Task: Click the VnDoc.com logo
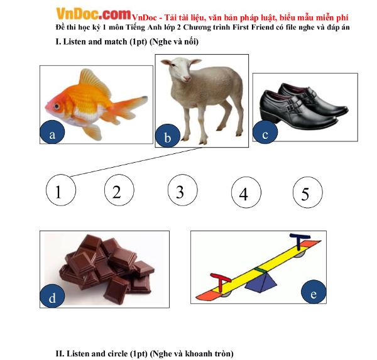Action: (93, 14)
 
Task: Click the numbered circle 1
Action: (61, 190)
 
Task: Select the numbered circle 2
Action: (119, 190)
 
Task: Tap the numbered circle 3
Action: (183, 190)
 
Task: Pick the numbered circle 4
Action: (246, 192)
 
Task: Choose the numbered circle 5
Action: (308, 192)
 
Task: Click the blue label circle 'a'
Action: (52, 132)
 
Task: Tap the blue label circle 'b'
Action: (168, 136)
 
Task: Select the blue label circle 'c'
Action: (265, 132)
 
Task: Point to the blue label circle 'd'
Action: (52, 295)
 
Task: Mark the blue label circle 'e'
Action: (314, 292)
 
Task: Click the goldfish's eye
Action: (57, 106)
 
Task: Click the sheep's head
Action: (182, 69)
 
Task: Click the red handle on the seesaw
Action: (221, 282)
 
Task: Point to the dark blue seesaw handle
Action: (300, 241)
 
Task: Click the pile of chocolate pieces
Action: (107, 268)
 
